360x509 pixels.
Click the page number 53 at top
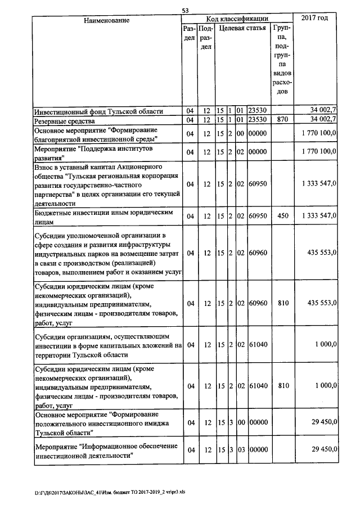tap(185, 10)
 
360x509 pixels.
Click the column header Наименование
tap(107, 20)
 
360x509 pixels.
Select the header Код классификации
tap(237, 19)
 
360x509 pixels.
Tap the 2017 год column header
tap(315, 19)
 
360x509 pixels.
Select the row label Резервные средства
tap(62, 120)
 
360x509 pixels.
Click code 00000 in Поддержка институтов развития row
tap(258, 152)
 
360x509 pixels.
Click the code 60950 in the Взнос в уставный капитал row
tap(258, 184)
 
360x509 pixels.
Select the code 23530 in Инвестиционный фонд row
tap(258, 111)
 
